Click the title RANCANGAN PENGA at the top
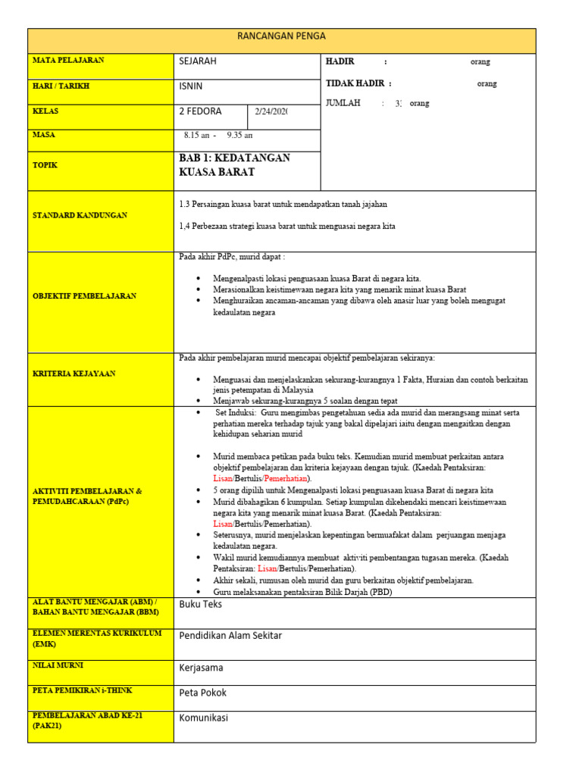click(281, 36)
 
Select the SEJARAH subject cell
click(198, 61)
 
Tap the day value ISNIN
click(191, 86)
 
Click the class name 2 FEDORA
click(201, 111)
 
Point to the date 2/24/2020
click(272, 112)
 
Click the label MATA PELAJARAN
click(68, 60)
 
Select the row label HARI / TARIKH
click(61, 86)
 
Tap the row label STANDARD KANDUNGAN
click(80, 215)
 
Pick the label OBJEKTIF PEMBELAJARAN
click(84, 296)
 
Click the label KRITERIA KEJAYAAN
click(74, 374)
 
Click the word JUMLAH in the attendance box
click(343, 103)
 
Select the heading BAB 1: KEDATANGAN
click(235, 158)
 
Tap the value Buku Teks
click(201, 604)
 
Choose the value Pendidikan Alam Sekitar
click(230, 636)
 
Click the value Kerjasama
click(201, 668)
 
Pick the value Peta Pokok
click(202, 693)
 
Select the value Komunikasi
click(203, 718)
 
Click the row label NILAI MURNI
click(58, 665)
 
